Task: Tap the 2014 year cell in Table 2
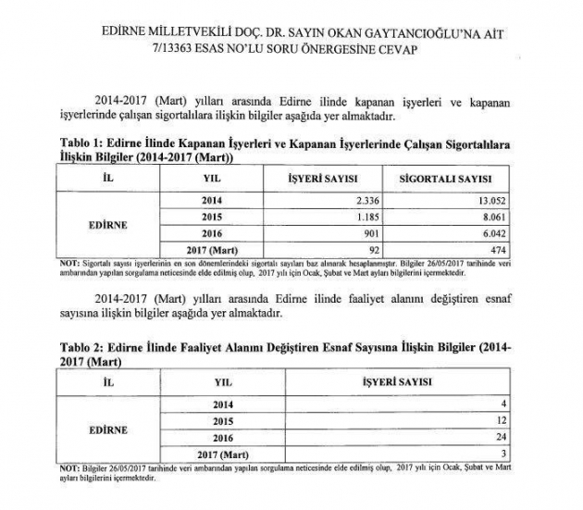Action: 223,405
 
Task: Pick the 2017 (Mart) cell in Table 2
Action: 223,453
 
